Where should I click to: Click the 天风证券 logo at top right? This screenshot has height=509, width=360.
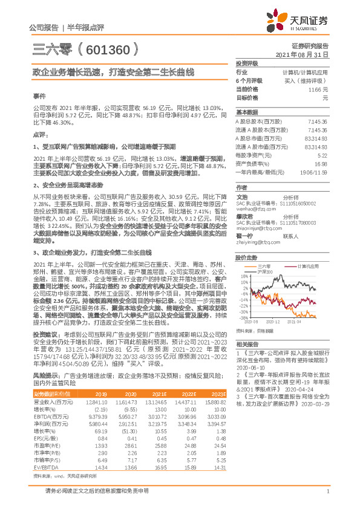click(x=300, y=22)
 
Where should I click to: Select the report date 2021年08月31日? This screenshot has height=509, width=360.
click(x=301, y=54)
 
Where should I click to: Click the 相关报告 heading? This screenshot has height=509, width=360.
click(x=246, y=343)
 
